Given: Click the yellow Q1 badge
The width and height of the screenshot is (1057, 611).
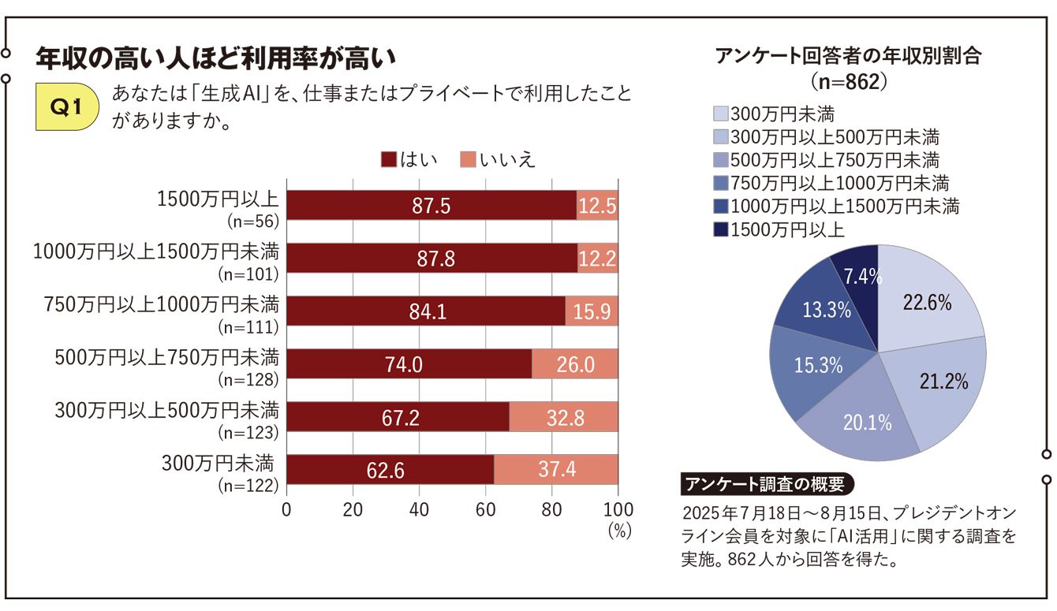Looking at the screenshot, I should pos(68,108).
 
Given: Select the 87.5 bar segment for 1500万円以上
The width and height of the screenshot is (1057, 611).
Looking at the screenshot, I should pos(431,206).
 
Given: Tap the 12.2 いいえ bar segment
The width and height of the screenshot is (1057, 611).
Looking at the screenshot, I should pos(598,259).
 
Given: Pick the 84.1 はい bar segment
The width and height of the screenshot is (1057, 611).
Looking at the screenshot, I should pos(425,311).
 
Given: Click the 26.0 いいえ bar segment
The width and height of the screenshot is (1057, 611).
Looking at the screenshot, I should pos(575,364).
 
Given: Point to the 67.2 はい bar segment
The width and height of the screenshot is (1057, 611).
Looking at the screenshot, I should pos(398,417).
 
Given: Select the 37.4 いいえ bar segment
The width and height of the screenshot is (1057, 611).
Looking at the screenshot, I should pos(556,470).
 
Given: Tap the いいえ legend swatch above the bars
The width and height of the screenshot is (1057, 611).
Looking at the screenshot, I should pos(467,160).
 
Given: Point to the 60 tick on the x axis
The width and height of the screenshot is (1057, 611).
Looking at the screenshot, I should pos(485,508).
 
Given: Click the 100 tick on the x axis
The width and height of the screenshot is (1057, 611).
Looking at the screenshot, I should pos(618,508).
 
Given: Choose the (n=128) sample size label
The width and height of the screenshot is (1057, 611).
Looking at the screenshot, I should pos(248,379).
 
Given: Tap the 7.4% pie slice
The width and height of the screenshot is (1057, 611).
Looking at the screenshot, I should pos(857,276).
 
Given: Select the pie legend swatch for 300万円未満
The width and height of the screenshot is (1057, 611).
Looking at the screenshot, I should pos(720,114).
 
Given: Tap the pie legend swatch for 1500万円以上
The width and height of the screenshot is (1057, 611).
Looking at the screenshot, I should pos(720,229).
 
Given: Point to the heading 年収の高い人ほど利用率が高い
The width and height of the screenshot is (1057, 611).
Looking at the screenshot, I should pos(214,59).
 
